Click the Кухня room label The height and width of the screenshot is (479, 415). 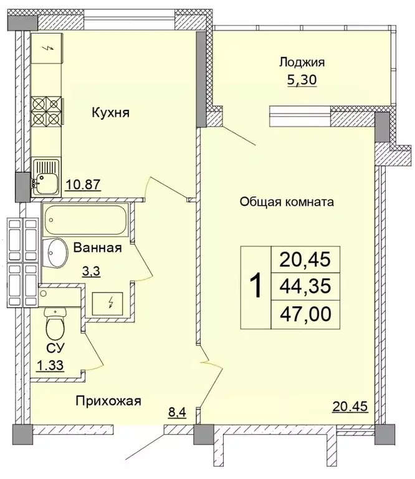pyautogui.click(x=110, y=113)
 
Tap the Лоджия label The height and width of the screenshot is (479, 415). pyautogui.click(x=302, y=62)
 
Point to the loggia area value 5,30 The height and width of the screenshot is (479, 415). pyautogui.click(x=302, y=81)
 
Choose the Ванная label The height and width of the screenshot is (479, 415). pyautogui.click(x=97, y=248)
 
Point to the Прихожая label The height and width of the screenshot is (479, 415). pyautogui.click(x=108, y=401)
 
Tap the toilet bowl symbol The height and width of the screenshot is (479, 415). pyautogui.click(x=54, y=326)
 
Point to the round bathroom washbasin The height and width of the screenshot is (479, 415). pyautogui.click(x=57, y=251)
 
